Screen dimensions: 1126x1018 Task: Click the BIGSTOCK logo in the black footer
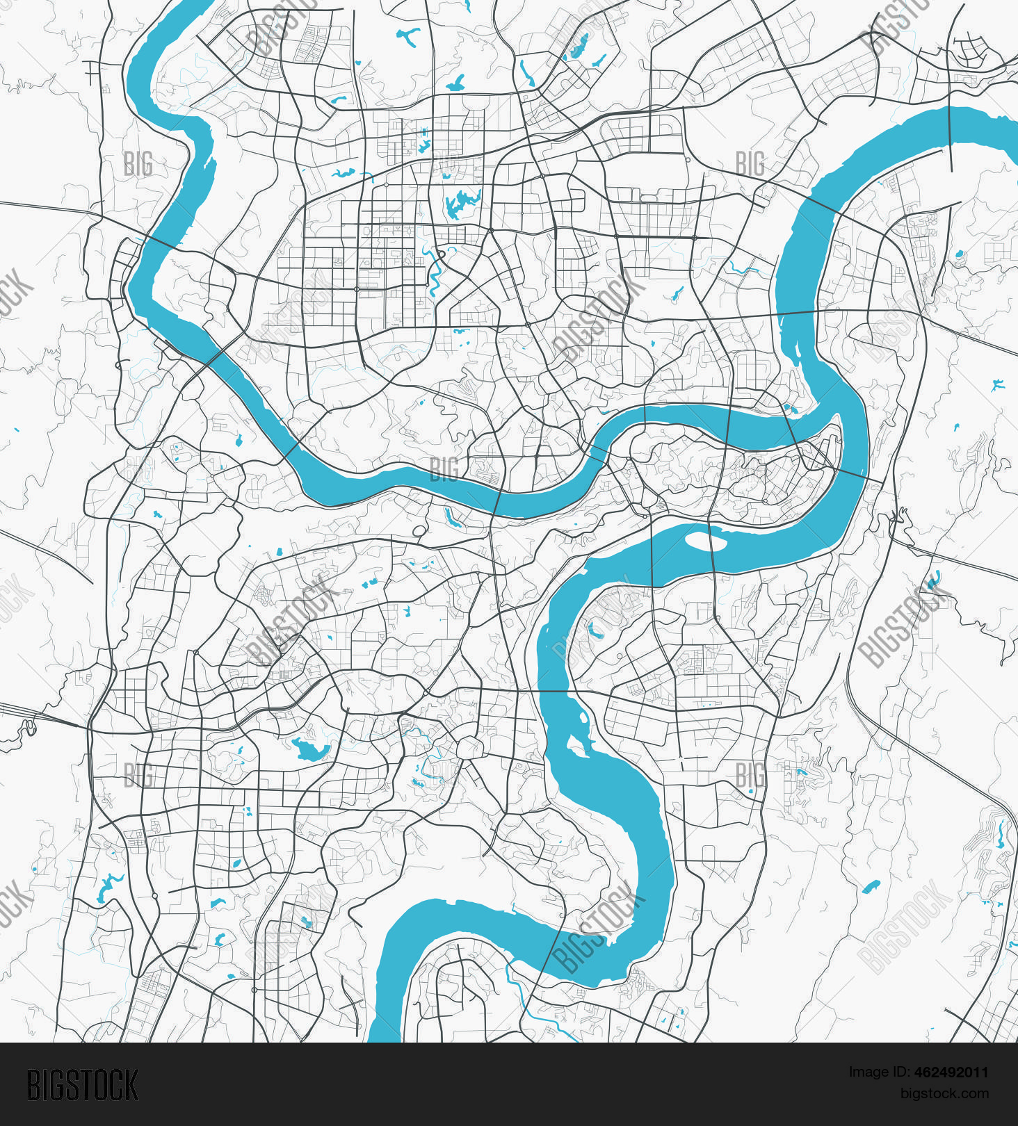point(83,1085)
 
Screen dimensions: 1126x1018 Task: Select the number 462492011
point(951,1072)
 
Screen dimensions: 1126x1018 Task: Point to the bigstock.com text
point(944,1093)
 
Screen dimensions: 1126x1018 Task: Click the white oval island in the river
point(706,540)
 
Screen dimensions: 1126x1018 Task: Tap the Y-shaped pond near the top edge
point(408,37)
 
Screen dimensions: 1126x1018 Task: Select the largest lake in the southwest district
point(310,749)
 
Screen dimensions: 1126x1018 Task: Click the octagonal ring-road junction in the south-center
point(470,748)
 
